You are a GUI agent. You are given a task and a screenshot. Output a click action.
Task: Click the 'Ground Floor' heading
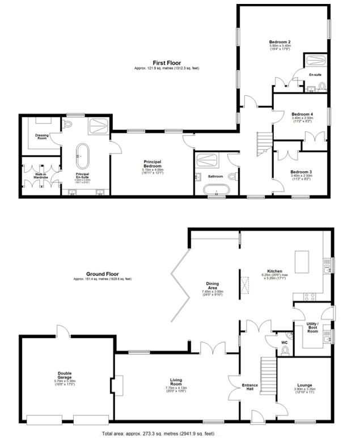click(x=101, y=273)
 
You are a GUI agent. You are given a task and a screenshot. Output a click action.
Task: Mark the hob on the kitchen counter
click(x=309, y=296)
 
